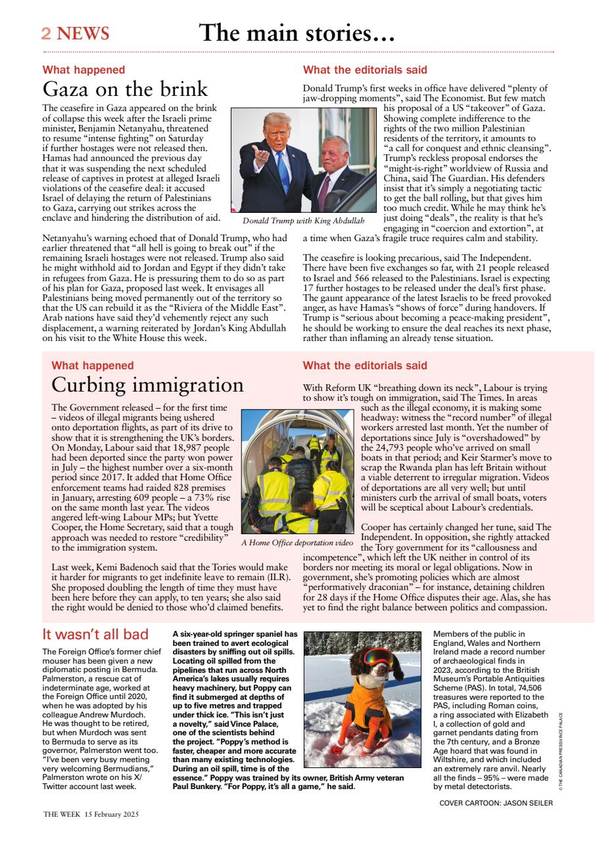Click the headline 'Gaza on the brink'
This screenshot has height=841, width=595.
pos(125,89)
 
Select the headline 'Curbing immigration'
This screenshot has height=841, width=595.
pos(147,384)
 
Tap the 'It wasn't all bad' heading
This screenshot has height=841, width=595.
pos(95,635)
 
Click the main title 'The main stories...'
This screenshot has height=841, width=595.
pos(297,33)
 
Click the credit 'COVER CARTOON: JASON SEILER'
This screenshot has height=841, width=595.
pos(496,802)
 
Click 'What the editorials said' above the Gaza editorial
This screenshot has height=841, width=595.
pos(365,70)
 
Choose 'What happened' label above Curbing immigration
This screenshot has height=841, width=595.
pos(92,365)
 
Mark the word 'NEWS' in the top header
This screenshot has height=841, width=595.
pos(83,34)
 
